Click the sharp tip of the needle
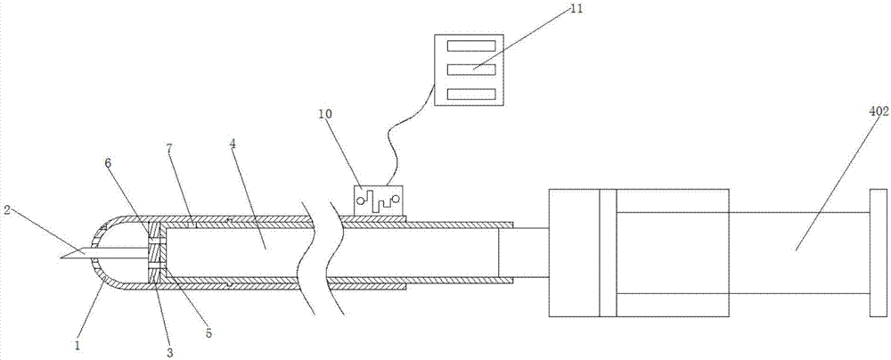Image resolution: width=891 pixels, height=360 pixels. [x=58, y=258]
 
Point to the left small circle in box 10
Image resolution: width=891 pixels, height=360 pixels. [x=362, y=201]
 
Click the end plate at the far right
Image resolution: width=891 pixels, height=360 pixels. [x=877, y=252]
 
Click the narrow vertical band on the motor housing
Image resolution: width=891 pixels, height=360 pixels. [x=608, y=252]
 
